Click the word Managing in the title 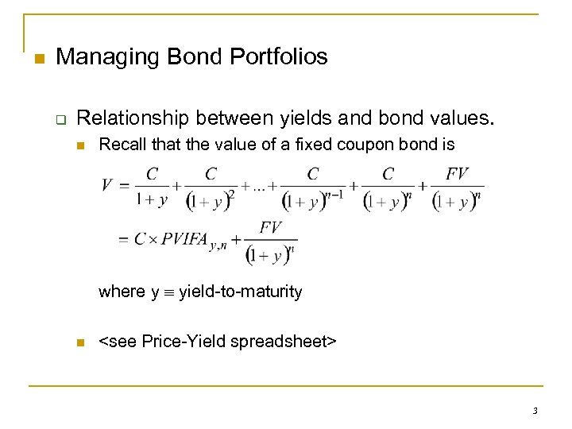point(101,57)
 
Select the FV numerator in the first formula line point(458,174)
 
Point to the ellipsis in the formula point(259,187)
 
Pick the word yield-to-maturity point(241,292)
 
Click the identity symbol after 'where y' point(168,292)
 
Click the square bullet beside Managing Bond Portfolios point(38,58)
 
